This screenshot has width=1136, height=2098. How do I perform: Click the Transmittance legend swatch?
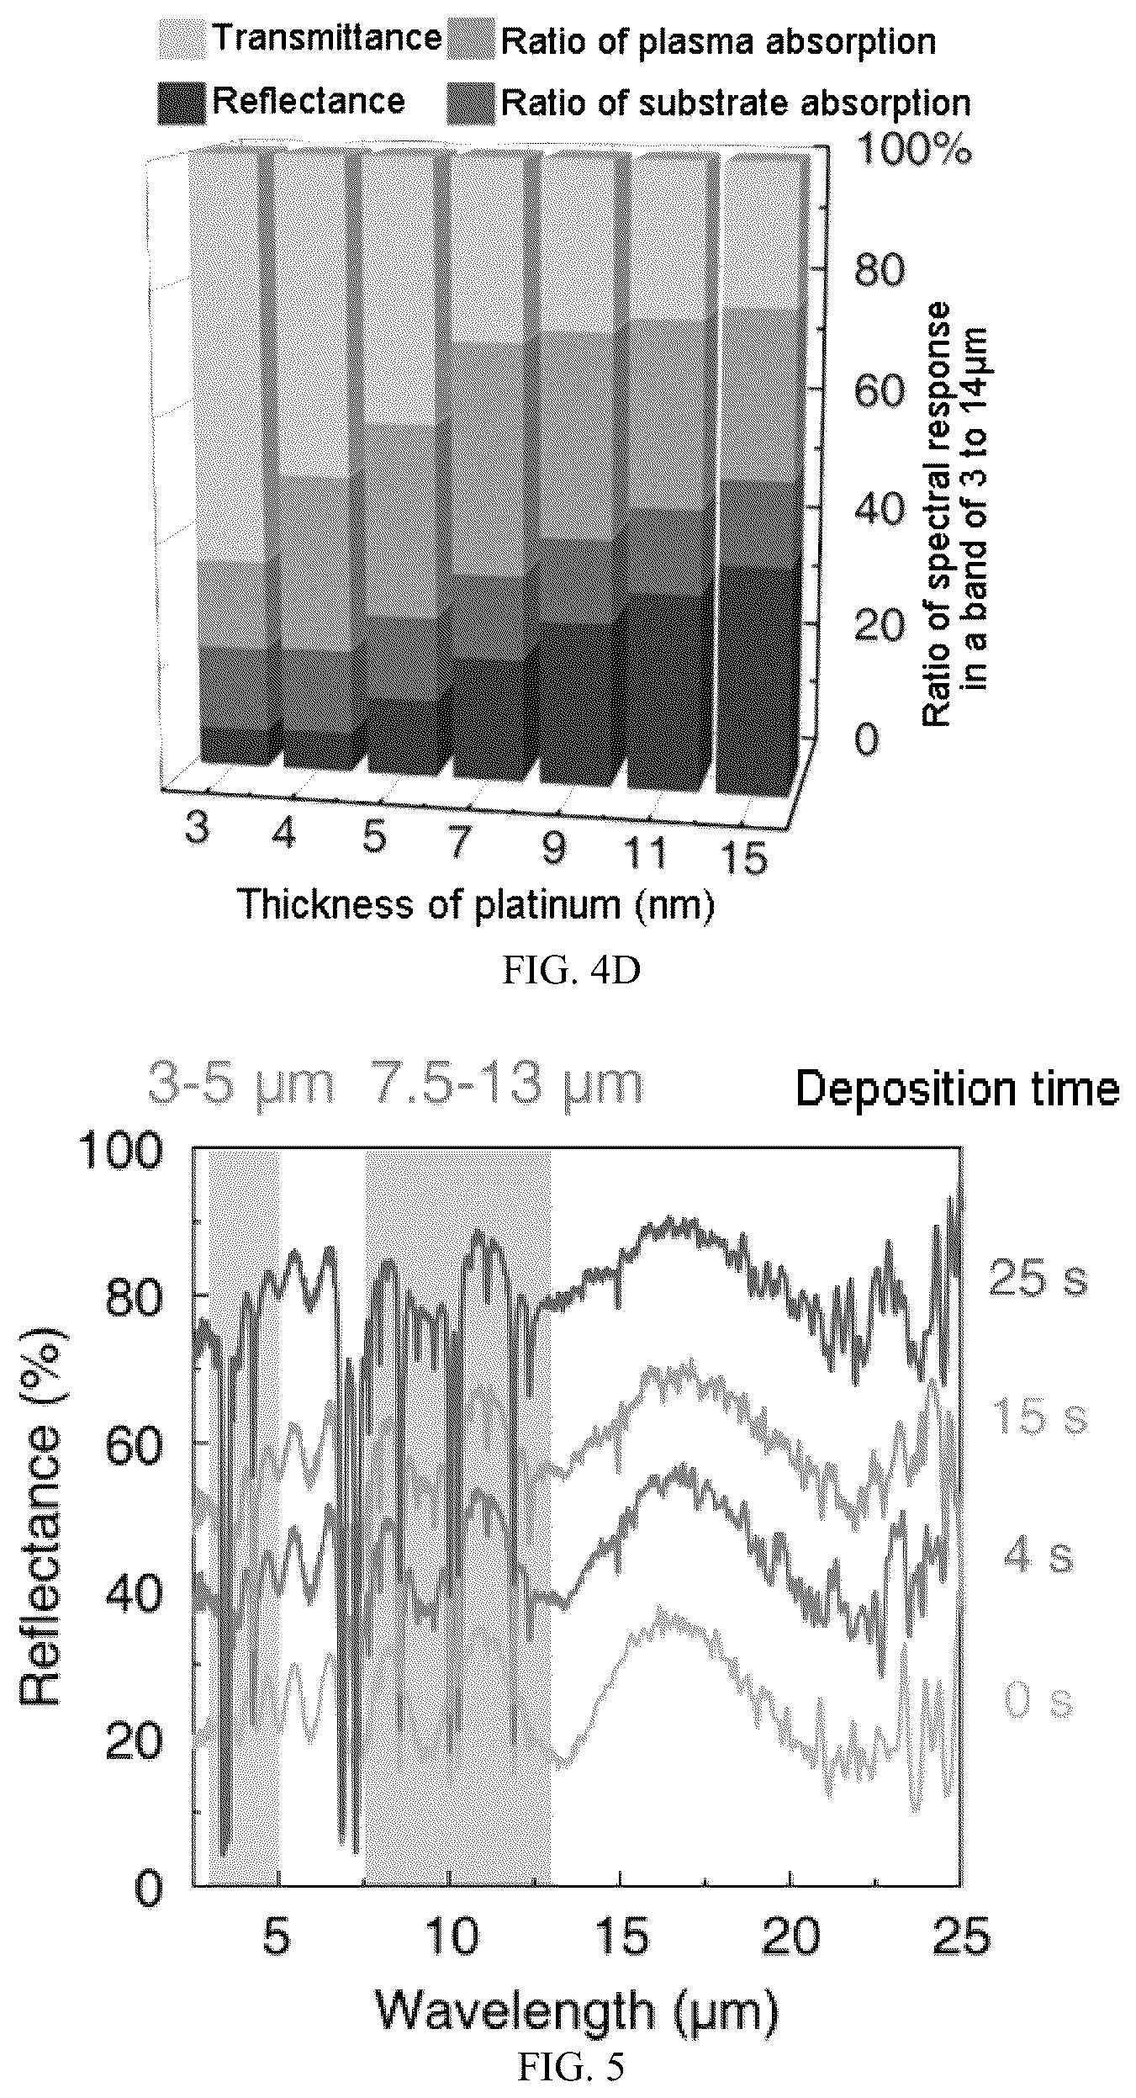pos(181,40)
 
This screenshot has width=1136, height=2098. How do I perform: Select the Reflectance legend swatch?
pos(181,103)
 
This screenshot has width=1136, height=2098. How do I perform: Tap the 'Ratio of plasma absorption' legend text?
pos(718,43)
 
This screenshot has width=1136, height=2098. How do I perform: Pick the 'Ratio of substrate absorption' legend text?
pos(736,103)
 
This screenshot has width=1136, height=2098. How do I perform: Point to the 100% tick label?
pos(913,151)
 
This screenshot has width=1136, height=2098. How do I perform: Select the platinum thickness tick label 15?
pos(743,861)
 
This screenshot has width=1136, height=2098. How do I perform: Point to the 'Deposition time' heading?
pos(958,1089)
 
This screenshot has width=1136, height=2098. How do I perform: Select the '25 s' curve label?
pos(1038,1278)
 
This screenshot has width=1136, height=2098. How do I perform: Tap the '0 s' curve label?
pos(1039,1678)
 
